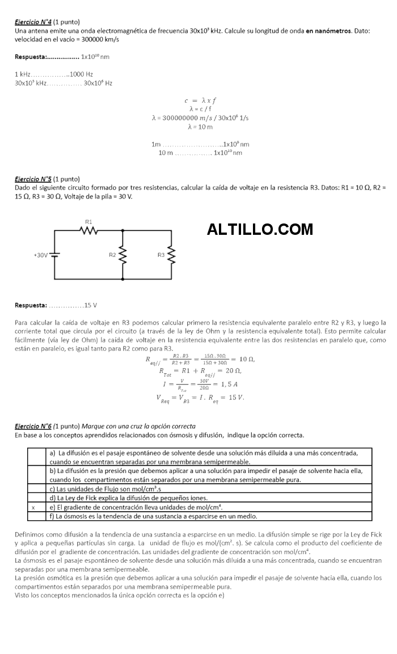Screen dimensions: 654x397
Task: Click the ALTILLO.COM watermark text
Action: tap(260, 230)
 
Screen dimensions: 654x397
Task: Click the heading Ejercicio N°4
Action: tap(33, 22)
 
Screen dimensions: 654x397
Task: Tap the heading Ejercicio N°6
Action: tap(33, 425)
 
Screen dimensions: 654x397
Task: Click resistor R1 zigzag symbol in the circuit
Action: tap(89, 230)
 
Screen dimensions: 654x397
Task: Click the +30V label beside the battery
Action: tap(41, 255)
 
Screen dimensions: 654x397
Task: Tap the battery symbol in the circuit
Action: tap(55, 255)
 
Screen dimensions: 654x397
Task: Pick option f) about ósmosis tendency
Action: tap(153, 516)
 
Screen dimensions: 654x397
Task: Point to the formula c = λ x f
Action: tap(200, 100)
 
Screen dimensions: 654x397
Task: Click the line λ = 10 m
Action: tap(200, 126)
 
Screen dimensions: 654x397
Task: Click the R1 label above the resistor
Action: tap(88, 221)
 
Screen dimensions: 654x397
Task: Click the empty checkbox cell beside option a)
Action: tap(36, 457)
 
